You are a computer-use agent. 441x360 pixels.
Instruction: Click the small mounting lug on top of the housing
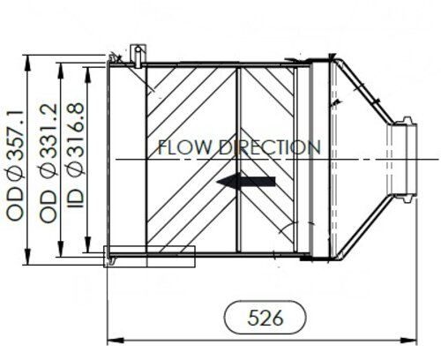point(134,54)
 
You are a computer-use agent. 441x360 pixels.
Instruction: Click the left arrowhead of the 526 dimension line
point(111,338)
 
